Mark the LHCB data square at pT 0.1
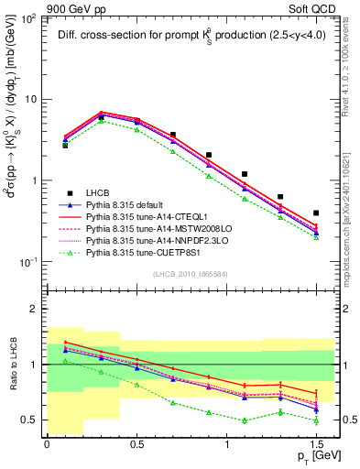pos(65,145)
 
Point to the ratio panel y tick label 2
pos(35,310)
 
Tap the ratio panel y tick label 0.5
pos(30,420)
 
